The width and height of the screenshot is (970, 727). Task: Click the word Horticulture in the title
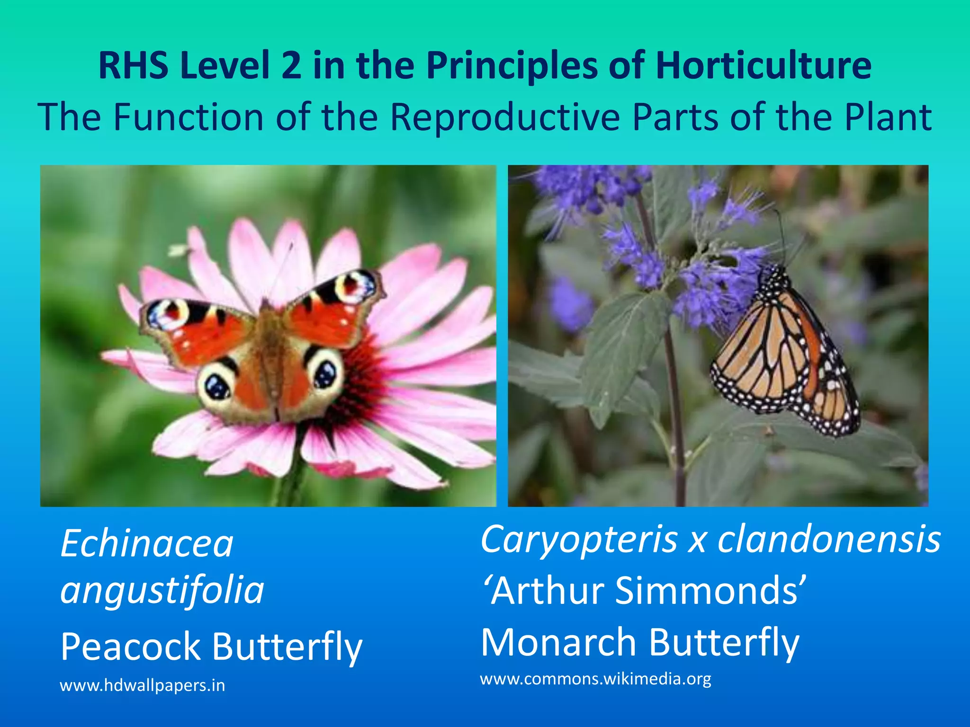[x=763, y=65]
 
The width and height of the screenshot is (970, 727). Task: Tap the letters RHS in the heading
[x=133, y=65]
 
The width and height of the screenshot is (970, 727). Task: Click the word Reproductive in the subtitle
[x=505, y=117]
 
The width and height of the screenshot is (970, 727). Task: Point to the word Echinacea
[x=147, y=544]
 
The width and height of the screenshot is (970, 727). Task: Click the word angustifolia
[x=162, y=590]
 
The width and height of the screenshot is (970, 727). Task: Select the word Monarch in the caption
[x=559, y=642]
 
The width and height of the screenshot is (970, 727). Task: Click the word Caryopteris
[x=579, y=541]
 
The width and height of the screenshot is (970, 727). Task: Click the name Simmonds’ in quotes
[x=710, y=591]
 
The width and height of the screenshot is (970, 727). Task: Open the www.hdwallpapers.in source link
[x=142, y=685]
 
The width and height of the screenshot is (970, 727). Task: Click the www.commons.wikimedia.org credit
[x=595, y=679]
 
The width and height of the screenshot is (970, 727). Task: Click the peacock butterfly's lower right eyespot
[x=326, y=374]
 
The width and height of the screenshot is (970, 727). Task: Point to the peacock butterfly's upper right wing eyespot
[x=353, y=286]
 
